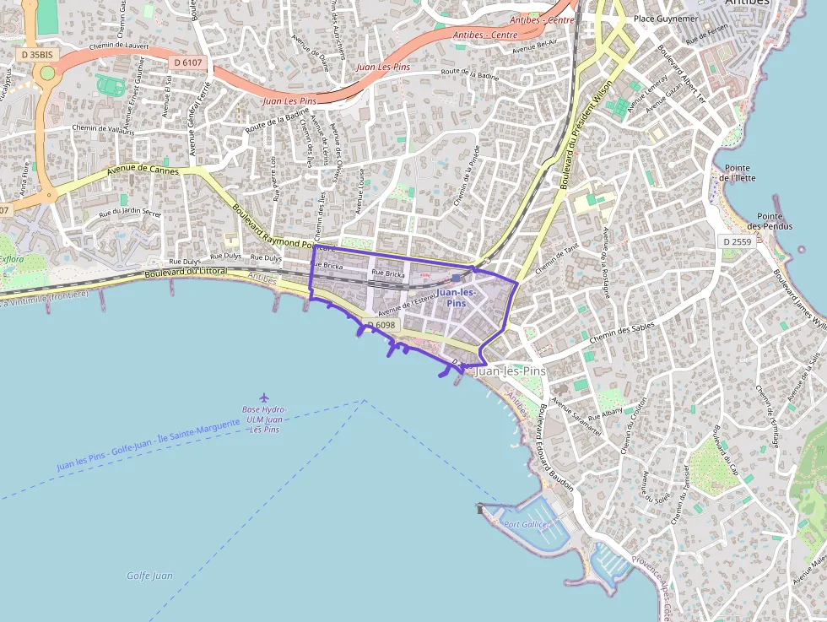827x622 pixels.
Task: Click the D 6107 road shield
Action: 187,62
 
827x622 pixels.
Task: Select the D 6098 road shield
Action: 381,325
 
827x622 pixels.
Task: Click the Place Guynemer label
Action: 666,18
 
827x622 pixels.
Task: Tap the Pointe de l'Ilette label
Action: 737,173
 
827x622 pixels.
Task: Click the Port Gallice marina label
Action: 526,524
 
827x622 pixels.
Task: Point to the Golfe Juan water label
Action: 149,576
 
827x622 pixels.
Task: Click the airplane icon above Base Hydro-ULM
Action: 264,397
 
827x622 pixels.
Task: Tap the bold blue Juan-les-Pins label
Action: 456,297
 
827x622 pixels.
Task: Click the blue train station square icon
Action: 457,278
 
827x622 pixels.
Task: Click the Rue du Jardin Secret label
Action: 130,213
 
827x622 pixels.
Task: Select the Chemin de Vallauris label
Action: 103,128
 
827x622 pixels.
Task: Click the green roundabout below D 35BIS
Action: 47,73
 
